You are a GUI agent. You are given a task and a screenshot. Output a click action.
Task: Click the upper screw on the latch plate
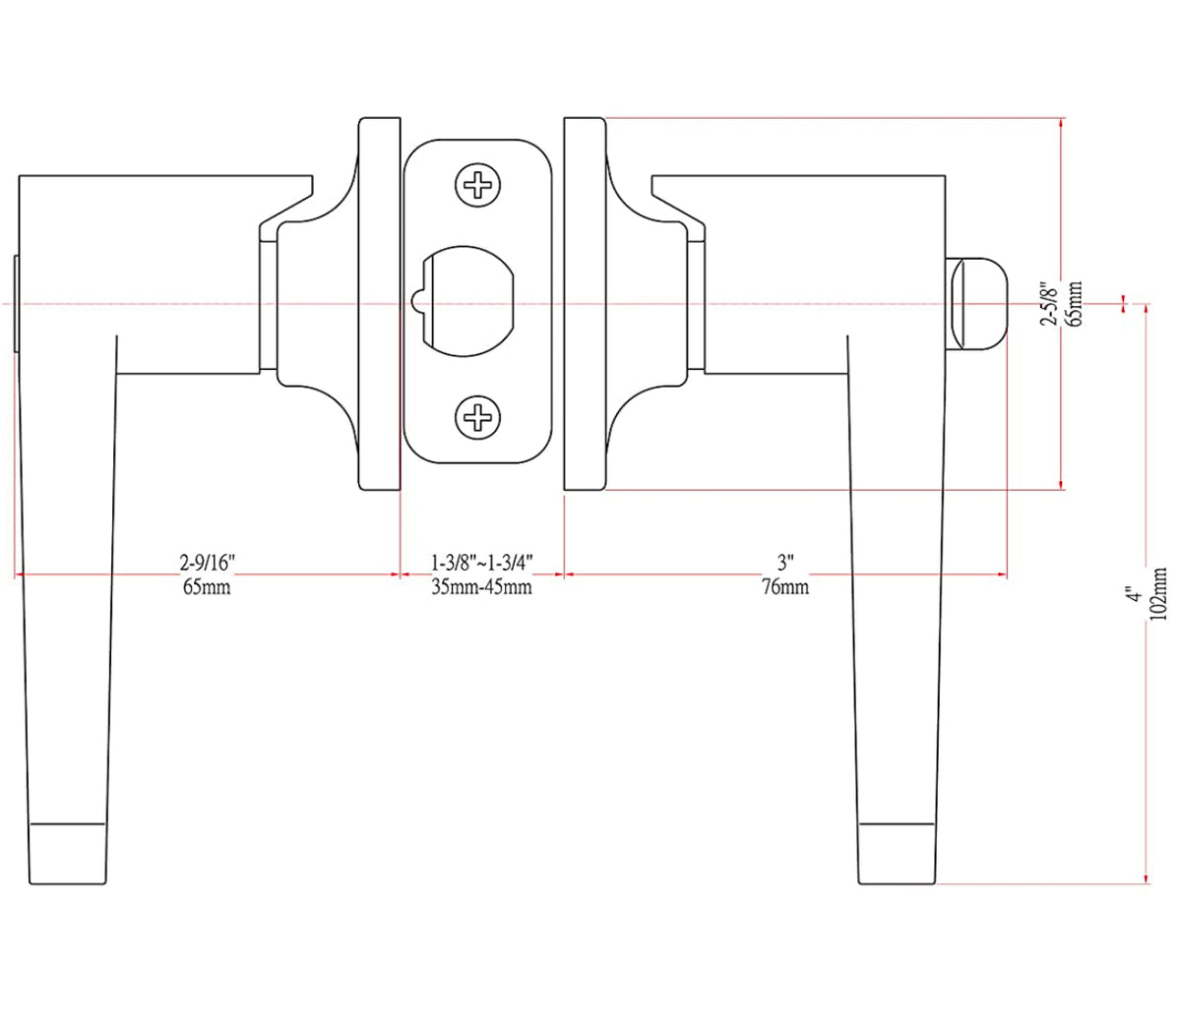click(x=478, y=185)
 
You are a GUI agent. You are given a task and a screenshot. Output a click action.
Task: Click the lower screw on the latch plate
click(x=478, y=418)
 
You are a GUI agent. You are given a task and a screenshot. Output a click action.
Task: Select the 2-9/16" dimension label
click(x=207, y=563)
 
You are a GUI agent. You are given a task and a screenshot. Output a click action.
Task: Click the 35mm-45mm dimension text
click(x=482, y=587)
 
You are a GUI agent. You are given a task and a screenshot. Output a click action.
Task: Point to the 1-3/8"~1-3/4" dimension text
click(x=482, y=563)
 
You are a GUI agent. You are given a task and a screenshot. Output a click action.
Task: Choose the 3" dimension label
click(x=785, y=563)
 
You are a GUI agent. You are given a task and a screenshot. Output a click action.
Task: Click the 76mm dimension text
click(x=785, y=587)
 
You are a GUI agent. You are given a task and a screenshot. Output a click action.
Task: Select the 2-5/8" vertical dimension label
click(x=1050, y=305)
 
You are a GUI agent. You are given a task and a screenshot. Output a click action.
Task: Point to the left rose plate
click(x=380, y=304)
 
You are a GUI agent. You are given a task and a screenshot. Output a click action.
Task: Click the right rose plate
click(x=585, y=304)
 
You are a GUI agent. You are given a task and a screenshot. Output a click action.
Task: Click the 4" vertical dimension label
click(x=1135, y=594)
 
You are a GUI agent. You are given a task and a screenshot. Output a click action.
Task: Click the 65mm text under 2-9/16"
click(x=207, y=587)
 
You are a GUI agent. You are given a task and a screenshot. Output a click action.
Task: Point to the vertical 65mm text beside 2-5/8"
click(x=1075, y=305)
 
